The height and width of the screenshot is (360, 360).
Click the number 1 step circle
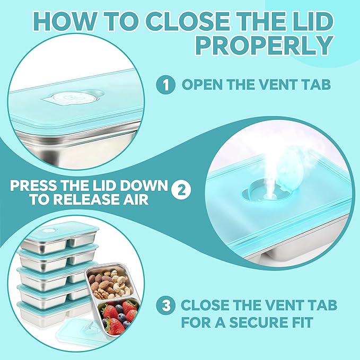click(x=165, y=85)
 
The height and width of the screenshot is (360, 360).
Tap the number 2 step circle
click(x=181, y=190)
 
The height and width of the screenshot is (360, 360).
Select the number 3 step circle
click(x=165, y=305)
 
